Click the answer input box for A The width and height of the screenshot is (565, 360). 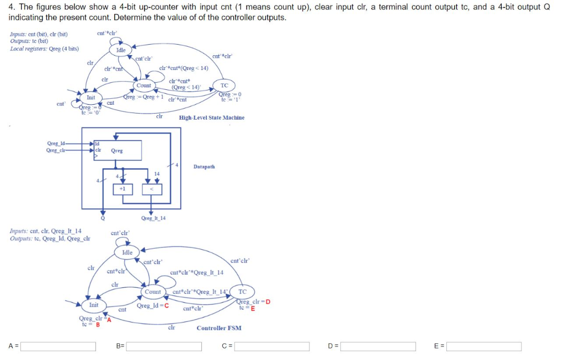[x=58, y=346]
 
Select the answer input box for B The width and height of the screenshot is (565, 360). [x=164, y=346]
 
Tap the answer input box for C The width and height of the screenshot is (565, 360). [x=271, y=346]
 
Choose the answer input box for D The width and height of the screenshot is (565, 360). [x=378, y=346]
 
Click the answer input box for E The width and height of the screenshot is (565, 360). [x=484, y=346]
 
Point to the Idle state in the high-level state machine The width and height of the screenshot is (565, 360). [x=121, y=50]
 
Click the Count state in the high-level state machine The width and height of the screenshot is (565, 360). [x=144, y=85]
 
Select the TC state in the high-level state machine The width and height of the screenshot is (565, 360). [x=224, y=85]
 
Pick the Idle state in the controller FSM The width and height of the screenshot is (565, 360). [x=127, y=252]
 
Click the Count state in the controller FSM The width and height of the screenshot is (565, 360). [x=153, y=292]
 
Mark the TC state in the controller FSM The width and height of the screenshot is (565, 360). [x=242, y=292]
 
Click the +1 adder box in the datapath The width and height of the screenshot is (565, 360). [x=122, y=189]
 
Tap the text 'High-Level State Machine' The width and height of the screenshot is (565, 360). [x=211, y=117]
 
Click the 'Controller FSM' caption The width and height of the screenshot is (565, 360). [x=218, y=328]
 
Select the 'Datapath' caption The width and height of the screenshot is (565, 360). [x=204, y=166]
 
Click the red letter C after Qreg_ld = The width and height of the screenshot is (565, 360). [x=166, y=305]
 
